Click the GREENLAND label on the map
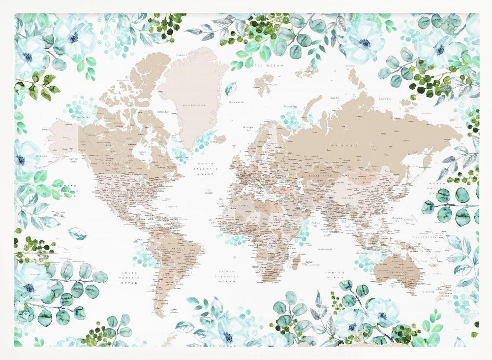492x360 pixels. (193, 104)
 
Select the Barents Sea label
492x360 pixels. (290, 105)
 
